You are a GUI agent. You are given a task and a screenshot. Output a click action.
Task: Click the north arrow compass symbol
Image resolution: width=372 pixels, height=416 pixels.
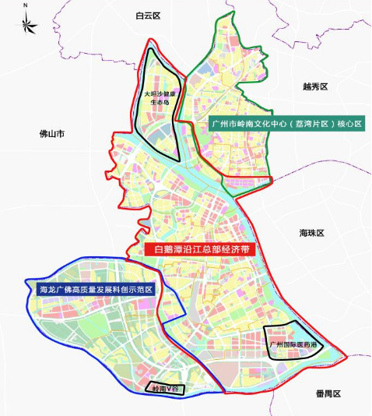pos(26,23)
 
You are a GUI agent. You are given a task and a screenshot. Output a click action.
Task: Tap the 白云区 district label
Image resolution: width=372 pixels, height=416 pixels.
pos(146,16)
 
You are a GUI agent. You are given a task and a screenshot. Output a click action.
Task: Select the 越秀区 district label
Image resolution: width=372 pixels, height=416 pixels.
pos(318,87)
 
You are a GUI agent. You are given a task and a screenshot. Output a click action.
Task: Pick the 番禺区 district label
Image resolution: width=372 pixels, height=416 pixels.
pos(328,394)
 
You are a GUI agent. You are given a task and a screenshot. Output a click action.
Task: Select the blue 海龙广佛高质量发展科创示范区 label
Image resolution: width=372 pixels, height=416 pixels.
pos(96,289)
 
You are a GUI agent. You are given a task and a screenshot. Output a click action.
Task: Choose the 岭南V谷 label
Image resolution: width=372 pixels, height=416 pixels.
pos(164,387)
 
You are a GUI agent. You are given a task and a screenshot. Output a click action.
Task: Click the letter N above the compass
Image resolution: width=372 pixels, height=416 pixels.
pos(26,5)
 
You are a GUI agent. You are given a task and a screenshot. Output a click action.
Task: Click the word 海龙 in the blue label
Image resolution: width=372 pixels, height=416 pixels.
pos(47,289)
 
